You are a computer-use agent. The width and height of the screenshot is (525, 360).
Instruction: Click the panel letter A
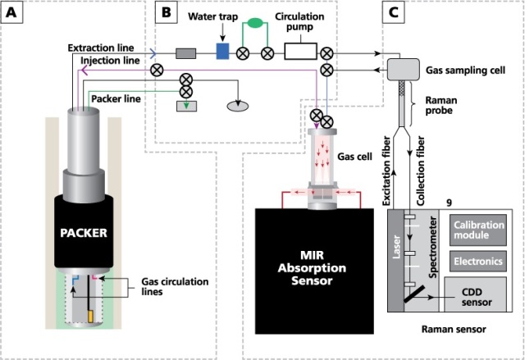(14, 13)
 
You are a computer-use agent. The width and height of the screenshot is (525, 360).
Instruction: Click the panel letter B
(166, 13)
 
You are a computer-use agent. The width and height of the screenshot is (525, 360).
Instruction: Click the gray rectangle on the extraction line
(185, 53)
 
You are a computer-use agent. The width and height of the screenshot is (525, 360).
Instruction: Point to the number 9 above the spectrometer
(448, 201)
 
